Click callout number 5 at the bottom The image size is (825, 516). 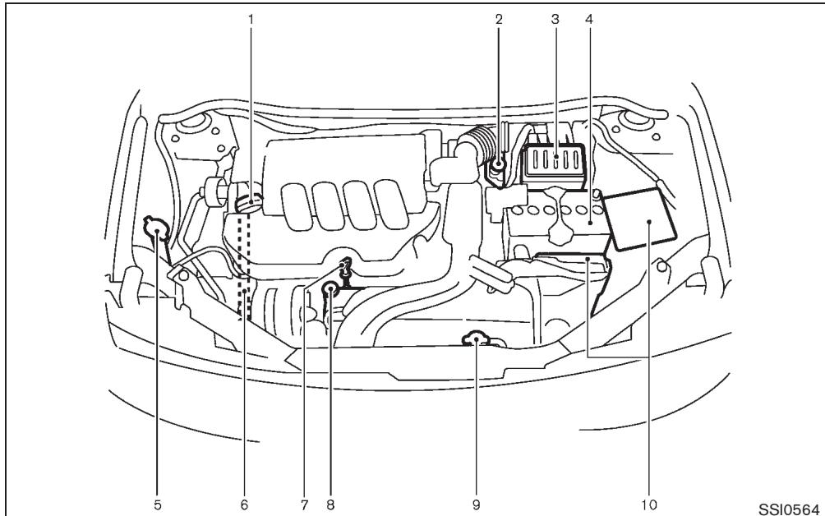click(159, 503)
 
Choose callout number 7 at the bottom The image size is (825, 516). click(304, 503)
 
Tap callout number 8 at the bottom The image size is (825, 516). click(330, 503)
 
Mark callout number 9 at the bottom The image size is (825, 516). click(476, 503)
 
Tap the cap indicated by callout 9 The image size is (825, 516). click(476, 339)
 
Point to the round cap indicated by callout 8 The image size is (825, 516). click(330, 288)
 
